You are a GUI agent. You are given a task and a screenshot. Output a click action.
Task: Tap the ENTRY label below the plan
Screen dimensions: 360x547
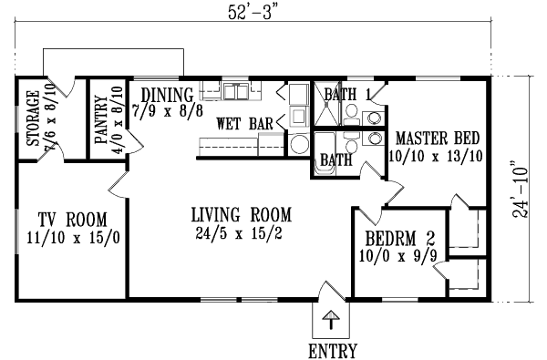click(x=333, y=350)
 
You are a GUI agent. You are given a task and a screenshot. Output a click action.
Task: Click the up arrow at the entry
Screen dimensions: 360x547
click(x=333, y=320)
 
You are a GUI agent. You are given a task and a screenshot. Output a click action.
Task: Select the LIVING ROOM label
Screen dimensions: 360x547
click(x=242, y=215)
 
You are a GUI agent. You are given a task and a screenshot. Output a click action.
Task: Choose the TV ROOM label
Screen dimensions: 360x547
click(x=72, y=219)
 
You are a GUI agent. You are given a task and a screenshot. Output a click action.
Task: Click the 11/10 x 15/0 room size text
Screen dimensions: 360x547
click(x=72, y=238)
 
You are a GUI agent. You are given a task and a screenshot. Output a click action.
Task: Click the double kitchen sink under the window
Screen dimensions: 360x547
click(x=235, y=91)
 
